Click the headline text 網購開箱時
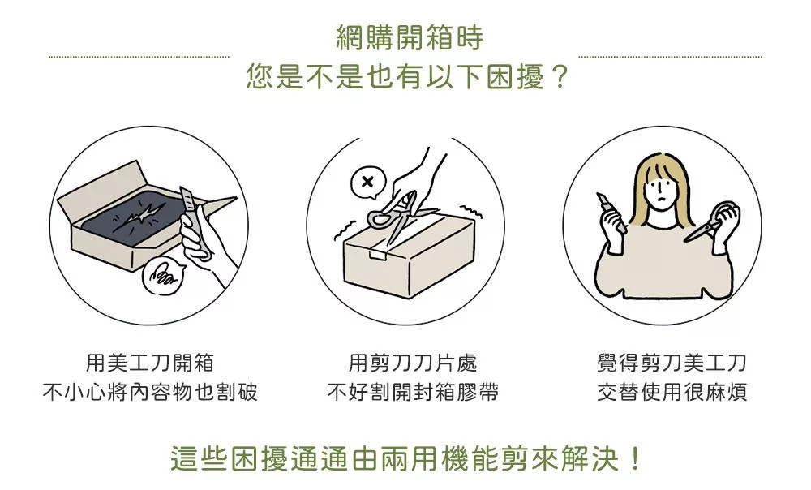click(409, 38)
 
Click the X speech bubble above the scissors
click(367, 183)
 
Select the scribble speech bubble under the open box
click(163, 277)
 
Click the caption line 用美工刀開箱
click(150, 363)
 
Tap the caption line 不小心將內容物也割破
click(150, 392)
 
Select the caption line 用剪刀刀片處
click(412, 363)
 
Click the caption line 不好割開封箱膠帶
click(412, 392)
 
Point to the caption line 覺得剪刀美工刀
click(672, 363)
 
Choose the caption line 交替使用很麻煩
click(672, 392)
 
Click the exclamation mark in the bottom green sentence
click(635, 458)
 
